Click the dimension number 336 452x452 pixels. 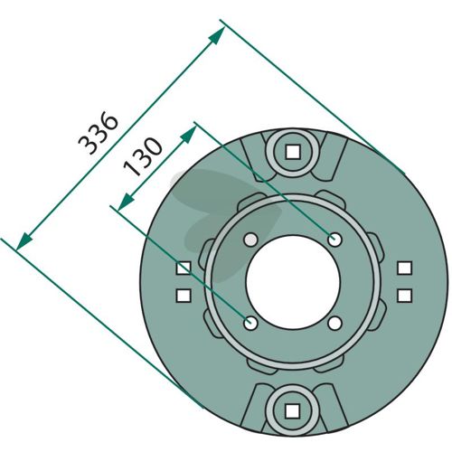pyautogui.click(x=98, y=133)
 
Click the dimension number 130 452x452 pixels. pyautogui.click(x=143, y=156)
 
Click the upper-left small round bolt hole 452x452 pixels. pyautogui.click(x=250, y=240)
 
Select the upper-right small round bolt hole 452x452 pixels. pyautogui.click(x=334, y=240)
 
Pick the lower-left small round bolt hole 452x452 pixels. pyautogui.click(x=250, y=324)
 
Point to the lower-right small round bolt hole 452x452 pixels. pyautogui.click(x=334, y=324)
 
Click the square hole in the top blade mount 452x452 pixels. pyautogui.click(x=293, y=152)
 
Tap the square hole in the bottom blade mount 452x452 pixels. pyautogui.click(x=292, y=411)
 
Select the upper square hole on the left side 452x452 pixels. pyautogui.click(x=184, y=268)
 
